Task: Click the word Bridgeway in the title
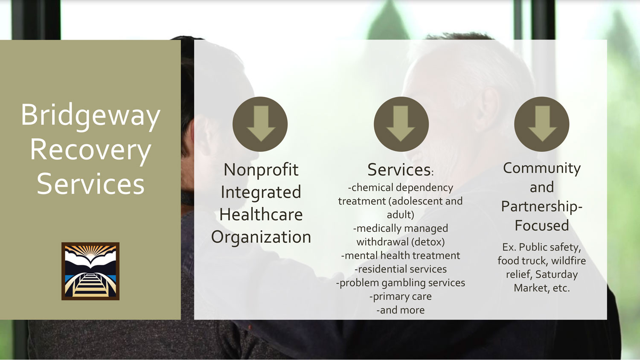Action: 90,116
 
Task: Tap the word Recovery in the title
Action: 90,150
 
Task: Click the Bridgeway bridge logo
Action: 90,271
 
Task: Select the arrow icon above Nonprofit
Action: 260,124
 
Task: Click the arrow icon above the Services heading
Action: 401,124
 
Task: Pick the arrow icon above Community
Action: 542,124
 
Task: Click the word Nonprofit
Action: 261,169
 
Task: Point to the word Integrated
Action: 261,192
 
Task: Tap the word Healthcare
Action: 261,214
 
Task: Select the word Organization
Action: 261,237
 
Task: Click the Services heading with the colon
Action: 401,170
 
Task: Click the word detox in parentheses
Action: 427,242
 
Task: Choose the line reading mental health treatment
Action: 401,255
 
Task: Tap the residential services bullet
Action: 401,269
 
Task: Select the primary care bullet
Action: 401,297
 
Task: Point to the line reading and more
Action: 401,310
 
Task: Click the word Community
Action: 542,168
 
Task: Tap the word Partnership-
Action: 542,207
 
